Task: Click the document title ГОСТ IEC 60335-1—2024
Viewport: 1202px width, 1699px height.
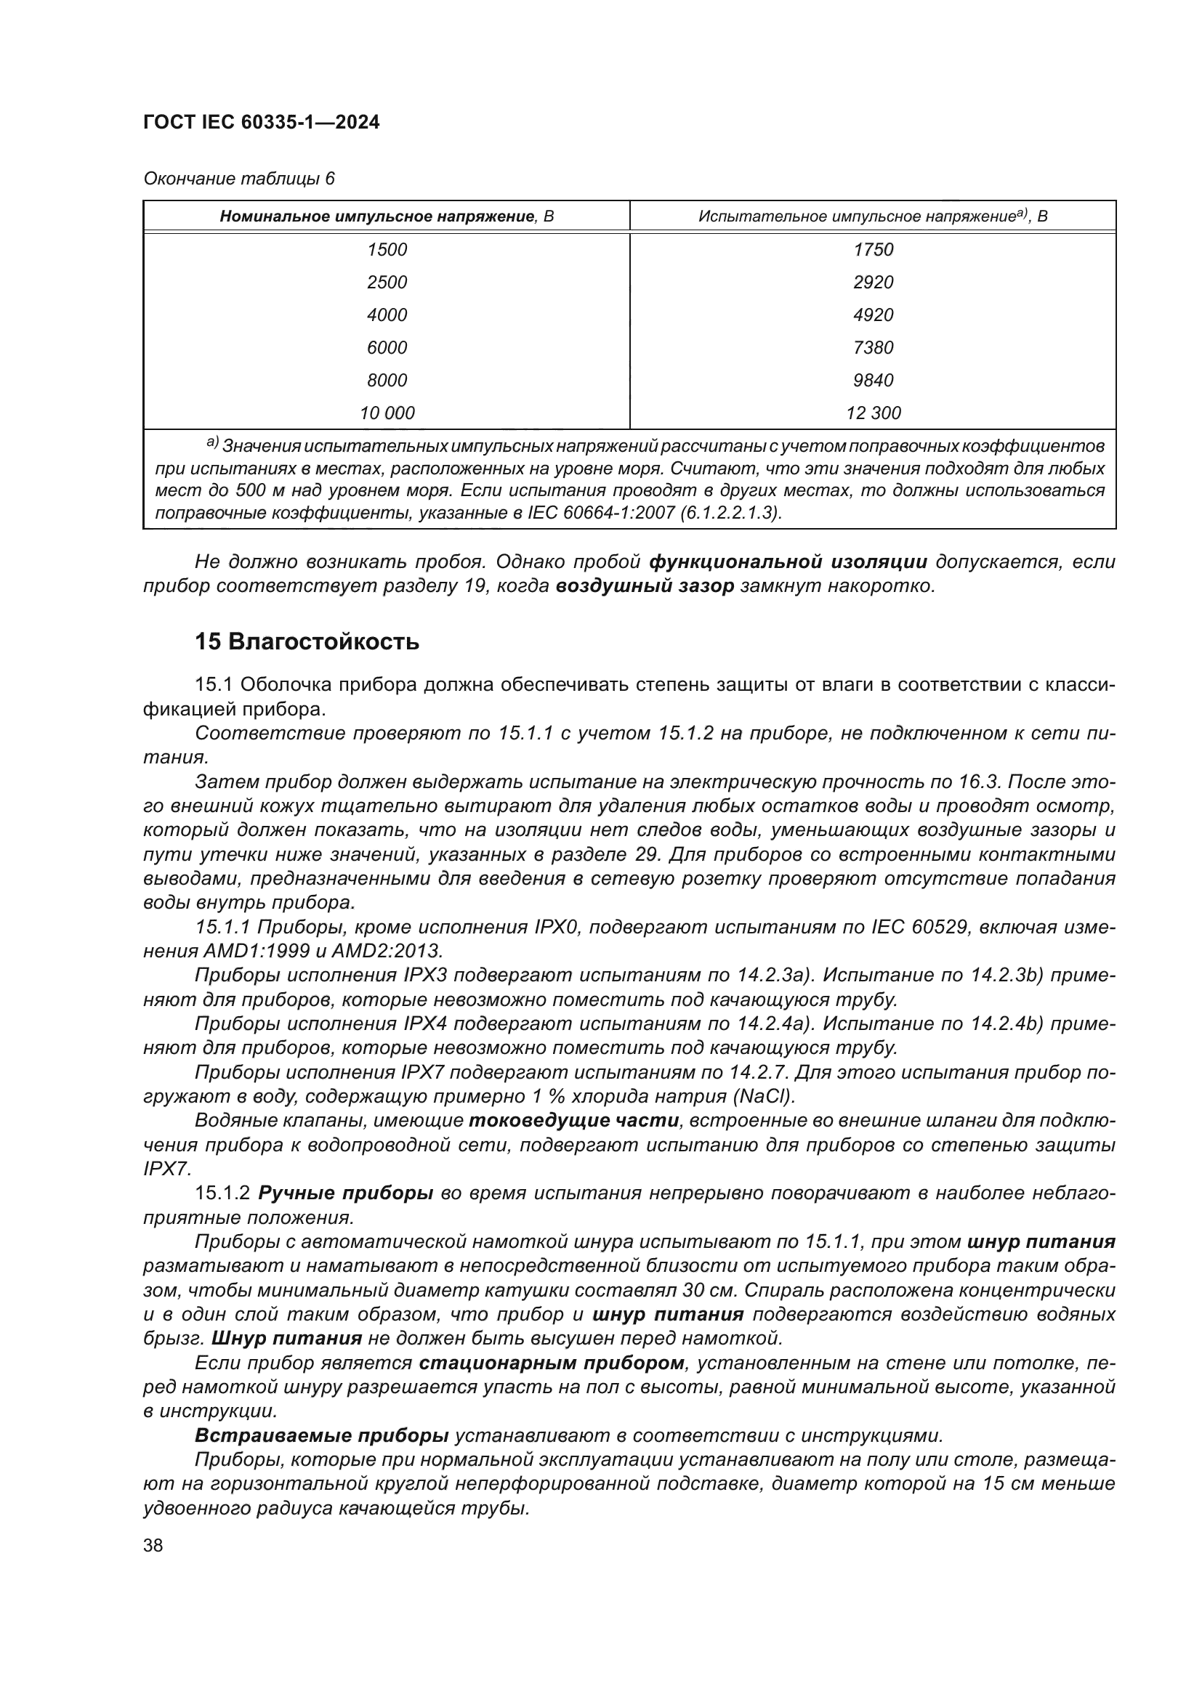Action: (262, 123)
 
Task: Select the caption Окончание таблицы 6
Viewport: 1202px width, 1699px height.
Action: (238, 179)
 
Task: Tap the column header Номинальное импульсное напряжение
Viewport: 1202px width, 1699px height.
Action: (387, 216)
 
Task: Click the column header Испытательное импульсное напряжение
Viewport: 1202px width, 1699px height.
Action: (873, 216)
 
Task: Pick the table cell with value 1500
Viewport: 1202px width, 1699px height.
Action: (387, 250)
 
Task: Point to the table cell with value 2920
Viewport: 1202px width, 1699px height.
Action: (874, 283)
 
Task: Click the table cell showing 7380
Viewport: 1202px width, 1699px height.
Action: (874, 348)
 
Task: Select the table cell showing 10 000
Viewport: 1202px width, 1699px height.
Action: (387, 413)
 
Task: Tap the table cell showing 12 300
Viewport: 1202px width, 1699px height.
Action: (874, 413)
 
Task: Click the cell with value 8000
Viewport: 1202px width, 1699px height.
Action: (387, 381)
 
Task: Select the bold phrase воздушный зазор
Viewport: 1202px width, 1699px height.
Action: (644, 587)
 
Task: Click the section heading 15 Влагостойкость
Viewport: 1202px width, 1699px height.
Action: (307, 642)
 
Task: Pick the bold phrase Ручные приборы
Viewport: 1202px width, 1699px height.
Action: (345, 1193)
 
